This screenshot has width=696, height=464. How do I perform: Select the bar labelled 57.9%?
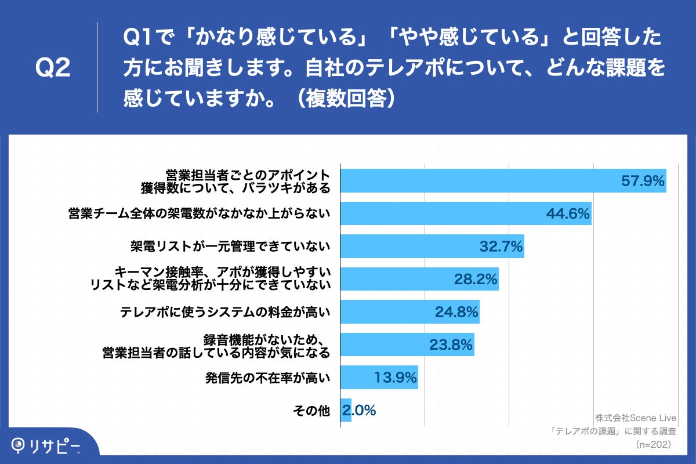tap(476, 181)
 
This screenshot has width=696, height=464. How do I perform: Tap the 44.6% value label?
tap(568, 214)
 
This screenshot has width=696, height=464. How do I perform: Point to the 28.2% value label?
tap(476, 280)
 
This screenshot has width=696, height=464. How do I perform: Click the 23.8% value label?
tap(451, 345)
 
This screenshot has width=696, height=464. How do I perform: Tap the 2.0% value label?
tap(360, 411)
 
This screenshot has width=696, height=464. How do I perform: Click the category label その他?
tap(312, 411)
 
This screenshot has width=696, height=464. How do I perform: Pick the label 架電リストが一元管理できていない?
tap(230, 246)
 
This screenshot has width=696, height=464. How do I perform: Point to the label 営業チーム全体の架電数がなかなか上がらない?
tap(199, 214)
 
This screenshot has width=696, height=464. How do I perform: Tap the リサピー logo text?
tap(56, 445)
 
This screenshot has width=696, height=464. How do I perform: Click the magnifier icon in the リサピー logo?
tap(19, 445)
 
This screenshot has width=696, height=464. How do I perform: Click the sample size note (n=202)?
tap(654, 444)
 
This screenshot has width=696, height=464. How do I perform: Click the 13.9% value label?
tap(395, 378)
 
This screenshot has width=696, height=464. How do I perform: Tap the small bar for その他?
tap(346, 411)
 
